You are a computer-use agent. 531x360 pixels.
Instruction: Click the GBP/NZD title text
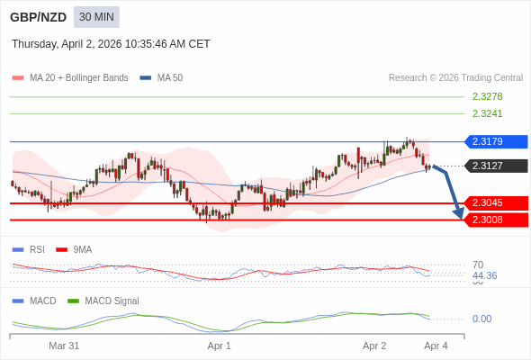(x=39, y=17)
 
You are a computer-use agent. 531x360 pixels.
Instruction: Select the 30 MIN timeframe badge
(x=96, y=17)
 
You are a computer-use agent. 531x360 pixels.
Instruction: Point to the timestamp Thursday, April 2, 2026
(x=111, y=43)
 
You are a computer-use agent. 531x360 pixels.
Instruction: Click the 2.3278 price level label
(x=487, y=96)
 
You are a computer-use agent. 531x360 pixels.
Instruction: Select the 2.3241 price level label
(x=487, y=113)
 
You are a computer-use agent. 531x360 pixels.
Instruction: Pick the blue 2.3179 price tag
(x=494, y=141)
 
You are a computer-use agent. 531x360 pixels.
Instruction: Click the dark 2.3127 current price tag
(x=494, y=166)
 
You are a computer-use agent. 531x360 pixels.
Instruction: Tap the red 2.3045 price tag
(x=494, y=202)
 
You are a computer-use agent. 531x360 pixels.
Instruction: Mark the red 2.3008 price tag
(x=494, y=220)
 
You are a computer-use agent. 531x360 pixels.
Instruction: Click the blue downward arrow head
(x=459, y=214)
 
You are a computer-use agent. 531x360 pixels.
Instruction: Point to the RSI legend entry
(x=36, y=249)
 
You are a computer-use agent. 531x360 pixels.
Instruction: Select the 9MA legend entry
(x=82, y=249)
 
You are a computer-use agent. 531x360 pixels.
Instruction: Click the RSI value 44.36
(x=484, y=275)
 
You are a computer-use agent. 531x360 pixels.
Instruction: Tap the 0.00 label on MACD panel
(x=481, y=319)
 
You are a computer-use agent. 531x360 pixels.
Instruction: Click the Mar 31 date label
(x=64, y=346)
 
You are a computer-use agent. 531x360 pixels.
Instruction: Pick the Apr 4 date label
(x=436, y=346)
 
